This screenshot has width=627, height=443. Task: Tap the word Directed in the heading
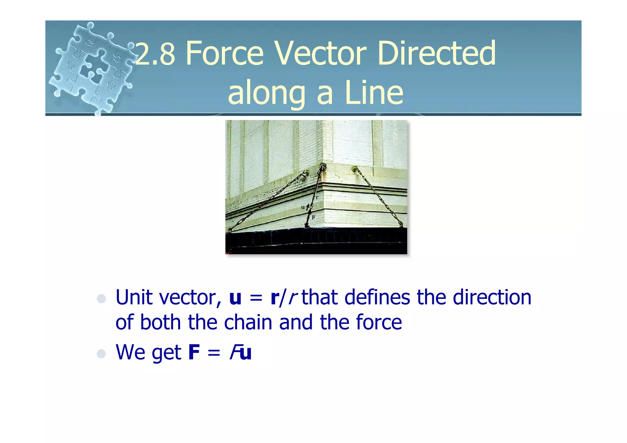click(x=436, y=54)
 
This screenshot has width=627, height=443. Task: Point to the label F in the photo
click(x=313, y=218)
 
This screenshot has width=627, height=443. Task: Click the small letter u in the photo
click(x=302, y=207)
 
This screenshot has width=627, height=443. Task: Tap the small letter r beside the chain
click(x=317, y=197)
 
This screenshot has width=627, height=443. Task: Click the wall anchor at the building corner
click(x=323, y=167)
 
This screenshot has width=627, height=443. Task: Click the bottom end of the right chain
click(x=401, y=224)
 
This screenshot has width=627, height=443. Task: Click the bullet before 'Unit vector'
click(x=101, y=298)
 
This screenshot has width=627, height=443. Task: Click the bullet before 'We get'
click(x=101, y=354)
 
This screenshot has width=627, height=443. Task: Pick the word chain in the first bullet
click(x=248, y=322)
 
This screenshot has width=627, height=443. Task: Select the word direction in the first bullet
click(x=492, y=297)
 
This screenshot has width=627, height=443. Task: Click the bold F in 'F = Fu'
click(x=194, y=352)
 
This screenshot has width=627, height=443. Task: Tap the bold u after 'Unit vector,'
click(x=235, y=298)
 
